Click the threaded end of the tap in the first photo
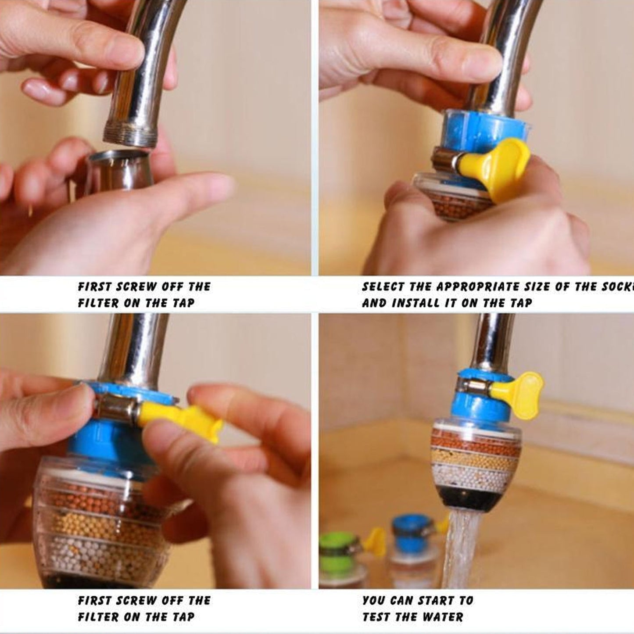tap(130, 134)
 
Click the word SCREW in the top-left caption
tap(136, 287)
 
